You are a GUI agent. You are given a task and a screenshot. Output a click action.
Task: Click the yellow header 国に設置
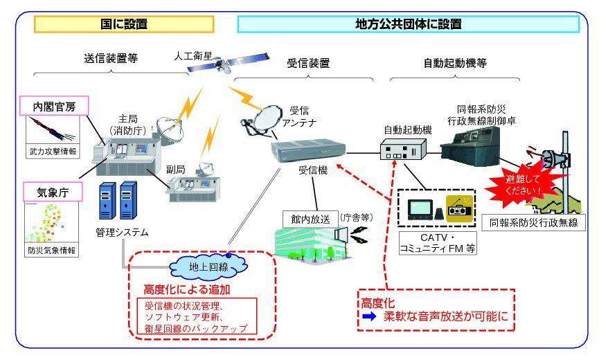tap(124, 24)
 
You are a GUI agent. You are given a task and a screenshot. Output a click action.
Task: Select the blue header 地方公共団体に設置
tap(408, 24)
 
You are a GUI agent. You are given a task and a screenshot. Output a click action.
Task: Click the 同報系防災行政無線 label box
tap(534, 223)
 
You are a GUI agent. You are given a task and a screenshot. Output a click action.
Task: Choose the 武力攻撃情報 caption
tap(53, 150)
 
